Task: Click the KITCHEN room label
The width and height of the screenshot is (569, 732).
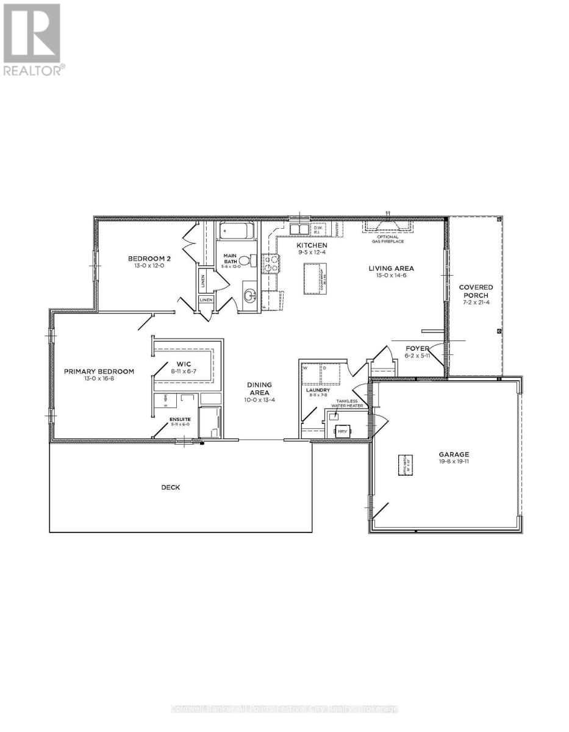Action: [312, 245]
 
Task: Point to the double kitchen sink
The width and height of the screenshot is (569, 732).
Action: [299, 229]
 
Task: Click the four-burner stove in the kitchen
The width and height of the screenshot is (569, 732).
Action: [271, 263]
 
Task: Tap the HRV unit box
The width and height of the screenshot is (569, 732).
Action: [341, 431]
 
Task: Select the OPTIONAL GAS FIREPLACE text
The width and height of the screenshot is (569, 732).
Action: [388, 239]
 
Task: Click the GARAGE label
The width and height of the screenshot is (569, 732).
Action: [453, 454]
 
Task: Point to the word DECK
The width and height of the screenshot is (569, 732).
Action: [171, 487]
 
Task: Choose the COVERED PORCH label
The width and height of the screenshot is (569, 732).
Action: [476, 292]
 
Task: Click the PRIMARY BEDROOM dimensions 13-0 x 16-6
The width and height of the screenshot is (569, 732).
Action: [99, 379]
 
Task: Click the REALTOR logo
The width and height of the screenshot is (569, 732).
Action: [32, 40]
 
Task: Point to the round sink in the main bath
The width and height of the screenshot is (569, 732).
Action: [250, 297]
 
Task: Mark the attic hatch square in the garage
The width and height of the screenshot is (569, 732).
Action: [404, 465]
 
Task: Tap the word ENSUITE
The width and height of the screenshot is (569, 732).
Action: [180, 419]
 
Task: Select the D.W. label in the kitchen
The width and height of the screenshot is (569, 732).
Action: [317, 227]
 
